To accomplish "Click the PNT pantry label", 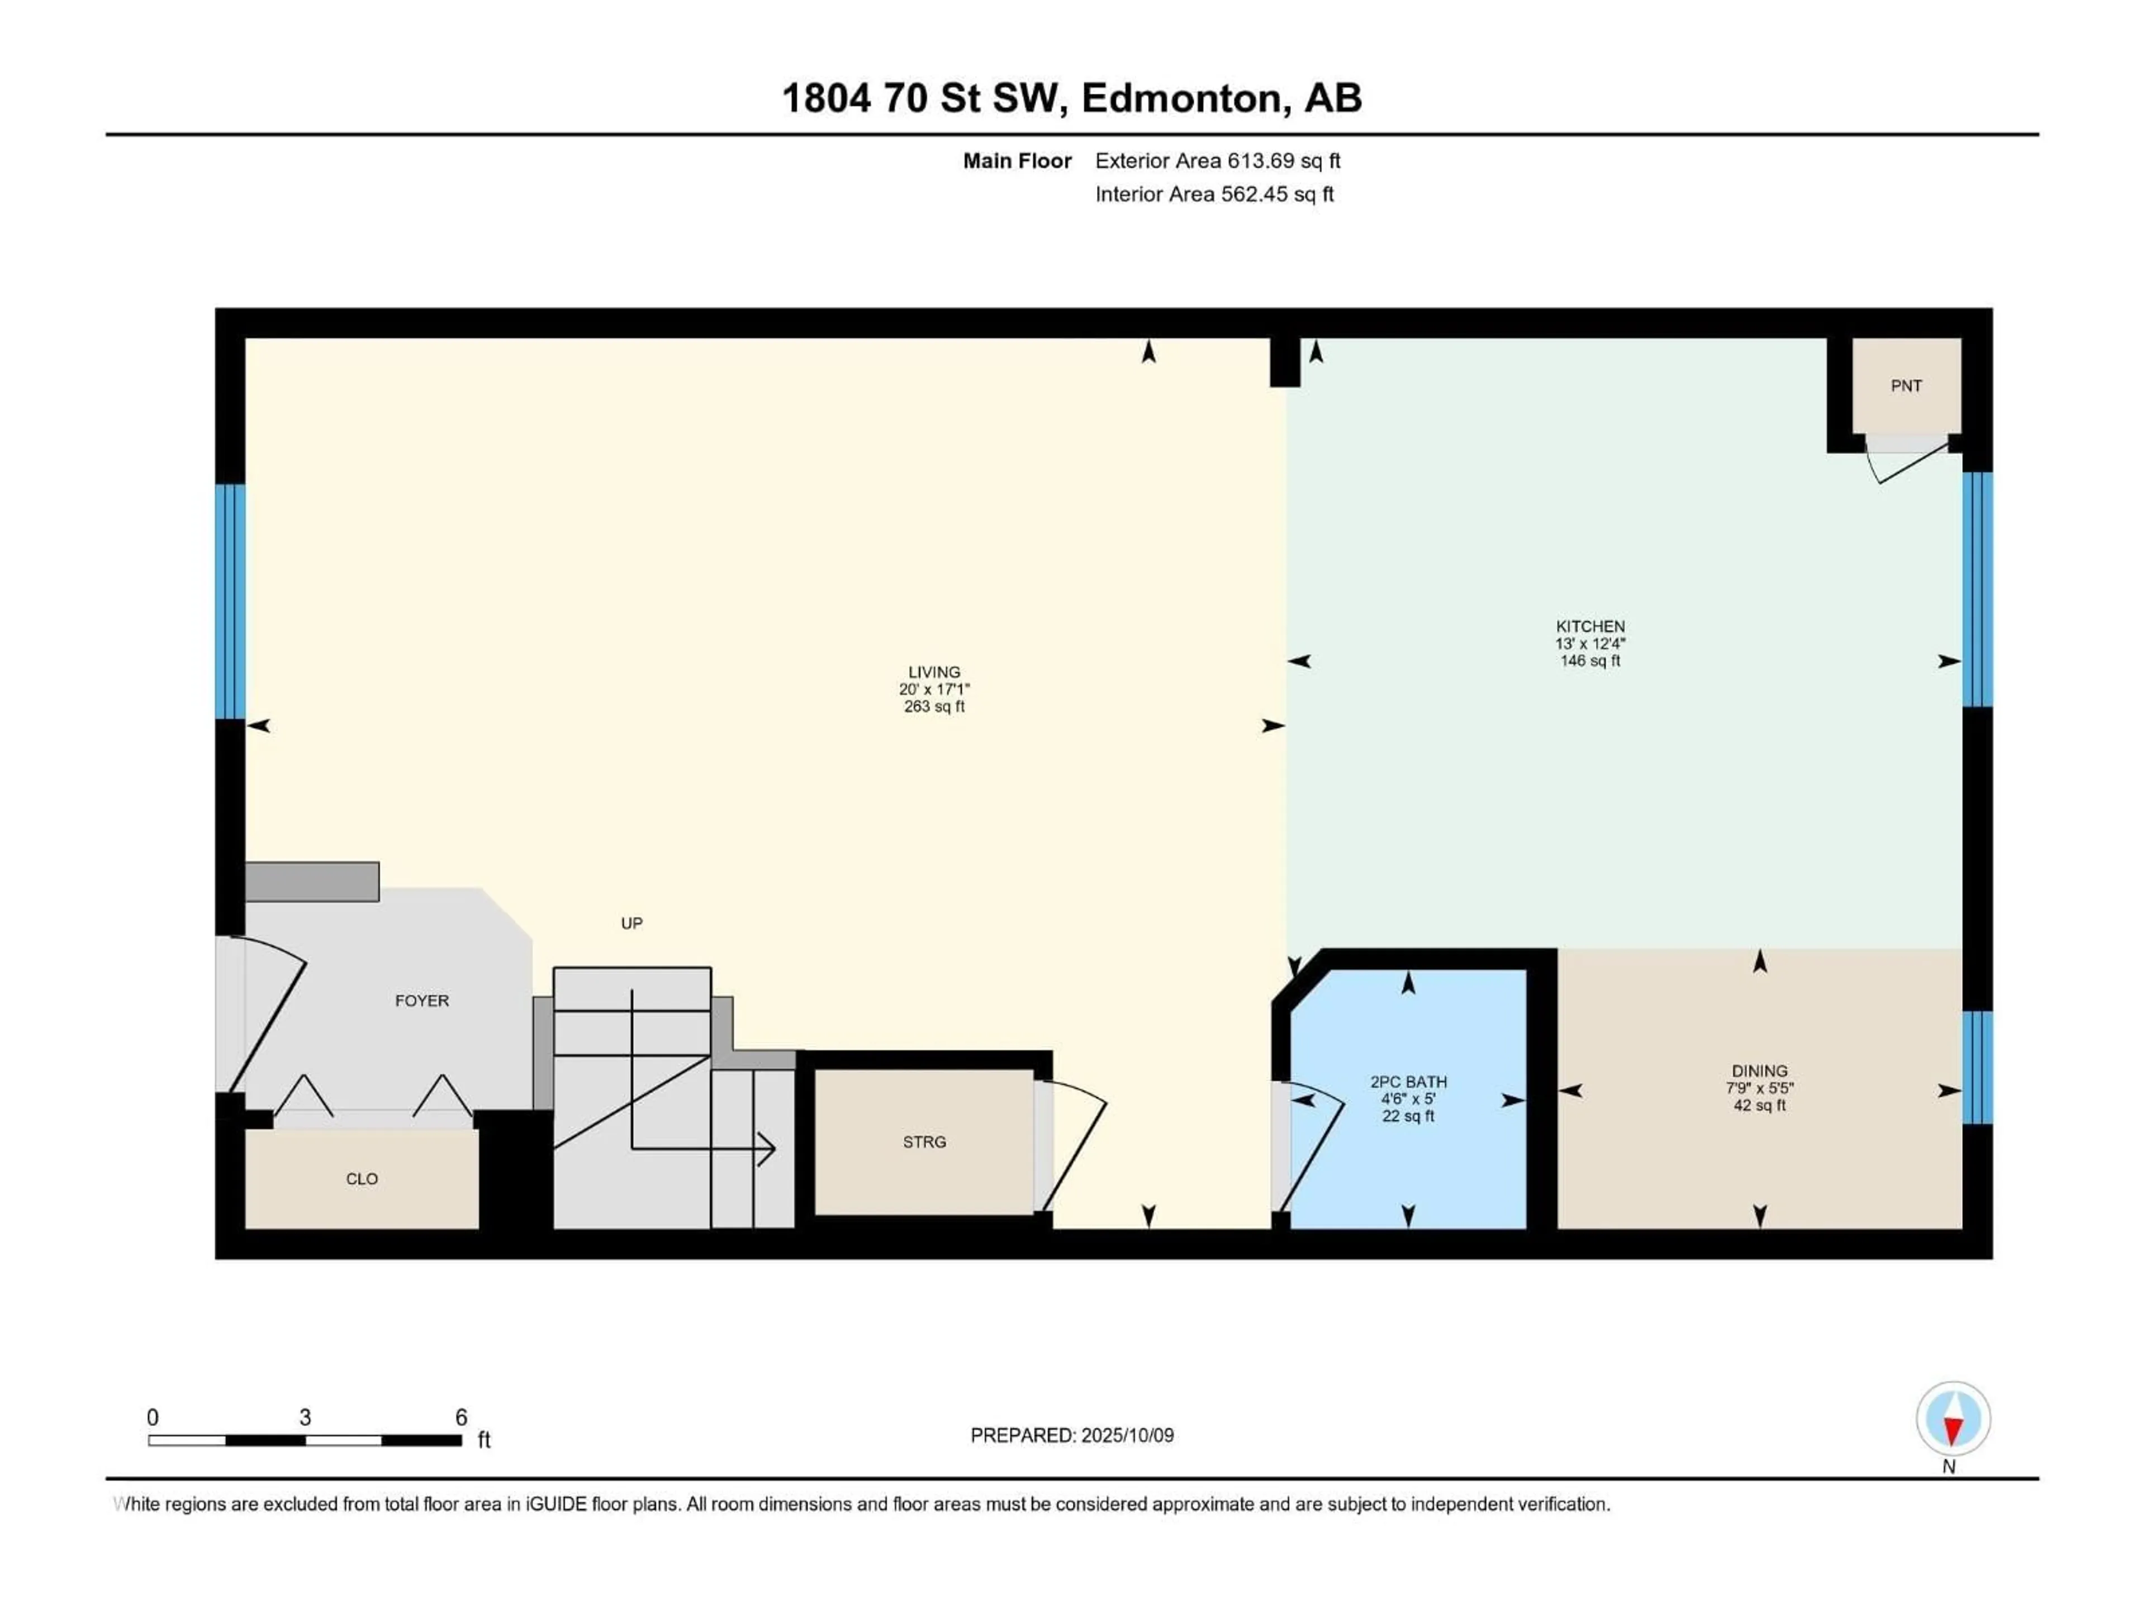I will tap(1905, 386).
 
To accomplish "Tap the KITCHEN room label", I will tap(1590, 626).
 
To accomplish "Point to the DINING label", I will tap(1759, 1072).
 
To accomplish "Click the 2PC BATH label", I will tap(1408, 1082).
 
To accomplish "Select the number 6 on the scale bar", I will tap(462, 1417).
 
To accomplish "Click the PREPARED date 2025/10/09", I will tap(1072, 1435).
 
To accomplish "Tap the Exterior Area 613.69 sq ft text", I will tap(1218, 161).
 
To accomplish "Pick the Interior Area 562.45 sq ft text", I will tap(1214, 194).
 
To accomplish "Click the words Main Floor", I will tap(1017, 161).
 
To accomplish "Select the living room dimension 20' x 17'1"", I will tap(934, 689).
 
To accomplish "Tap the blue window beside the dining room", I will tap(1977, 1067).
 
